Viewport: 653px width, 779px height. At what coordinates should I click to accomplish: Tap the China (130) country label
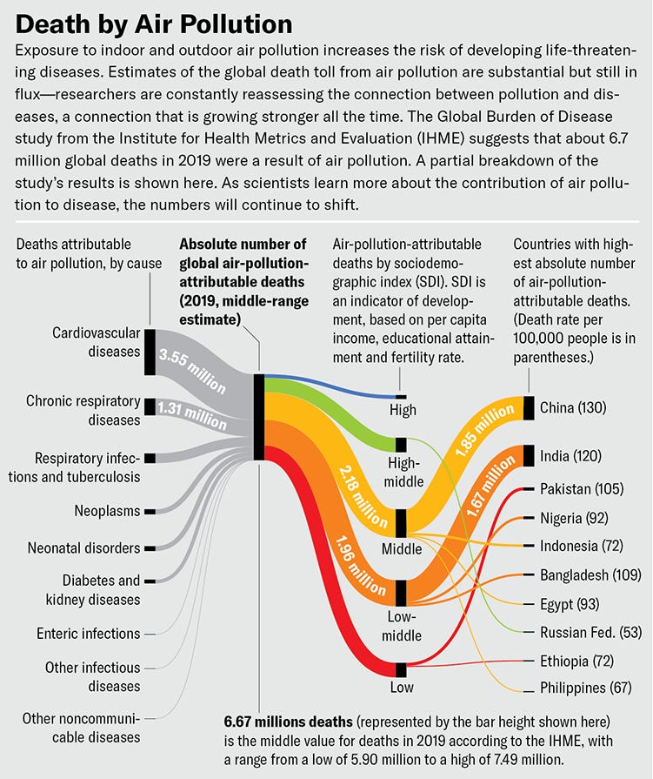(x=572, y=407)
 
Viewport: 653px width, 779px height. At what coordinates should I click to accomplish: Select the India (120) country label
(x=570, y=456)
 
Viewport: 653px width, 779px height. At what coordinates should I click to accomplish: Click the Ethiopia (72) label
(x=575, y=661)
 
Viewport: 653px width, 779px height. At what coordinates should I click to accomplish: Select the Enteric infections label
(x=88, y=633)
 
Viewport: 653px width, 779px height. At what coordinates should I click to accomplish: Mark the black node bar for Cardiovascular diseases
(x=150, y=353)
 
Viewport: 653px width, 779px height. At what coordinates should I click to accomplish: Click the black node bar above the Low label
(x=401, y=669)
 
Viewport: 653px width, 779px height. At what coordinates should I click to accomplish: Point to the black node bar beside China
(x=528, y=407)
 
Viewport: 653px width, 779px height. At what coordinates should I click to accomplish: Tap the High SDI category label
(x=403, y=409)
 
